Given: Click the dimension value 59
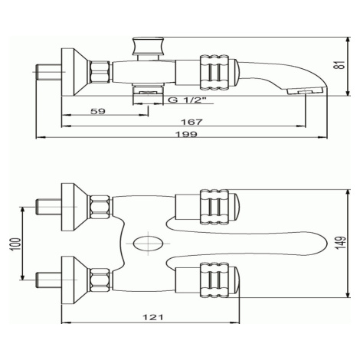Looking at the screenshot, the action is pos(98,111).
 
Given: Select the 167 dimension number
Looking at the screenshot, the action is pos(191,122).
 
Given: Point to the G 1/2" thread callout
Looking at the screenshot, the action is pos(187,100).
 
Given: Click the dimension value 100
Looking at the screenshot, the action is pos(16,244).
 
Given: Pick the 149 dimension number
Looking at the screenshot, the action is pos(342,243).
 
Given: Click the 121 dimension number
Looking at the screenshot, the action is pos(153,317).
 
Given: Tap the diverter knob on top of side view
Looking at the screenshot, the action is pos(148,46).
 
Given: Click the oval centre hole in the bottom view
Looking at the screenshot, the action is pos(148,244).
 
